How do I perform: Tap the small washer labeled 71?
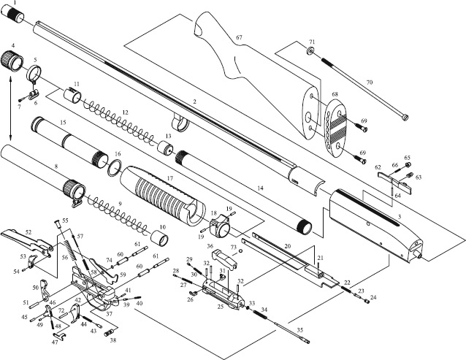point(310,53)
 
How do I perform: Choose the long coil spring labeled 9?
point(117,212)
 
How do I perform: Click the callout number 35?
point(299,330)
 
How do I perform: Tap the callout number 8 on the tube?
point(56,166)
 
